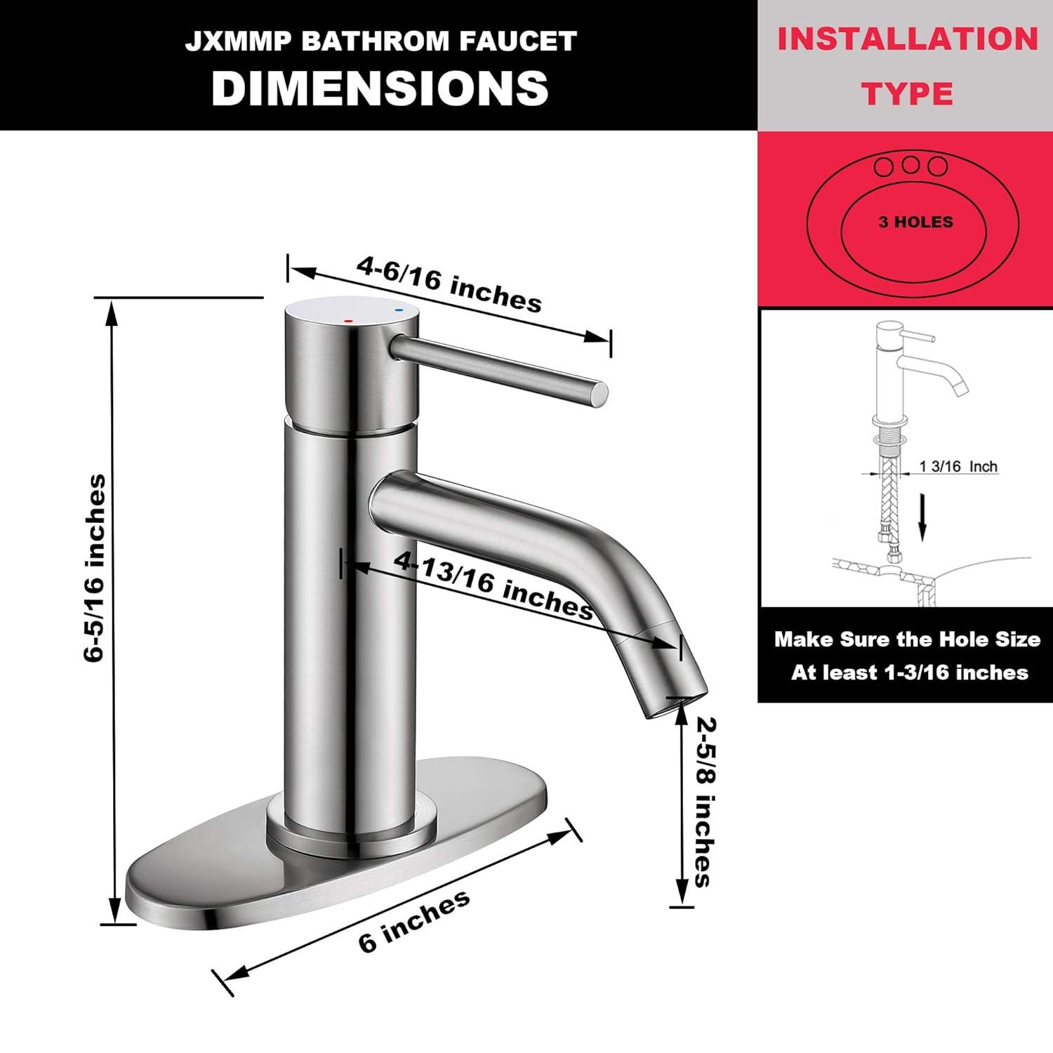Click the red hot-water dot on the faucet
click(349, 320)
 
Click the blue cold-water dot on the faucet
click(399, 308)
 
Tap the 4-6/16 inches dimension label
click(449, 284)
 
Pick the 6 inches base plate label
click(413, 920)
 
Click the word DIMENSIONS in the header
click(380, 89)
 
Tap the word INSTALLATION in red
click(907, 39)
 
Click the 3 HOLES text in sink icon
click(915, 222)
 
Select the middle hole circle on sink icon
click(910, 166)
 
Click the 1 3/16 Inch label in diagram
click(958, 467)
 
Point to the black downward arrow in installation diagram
click(924, 520)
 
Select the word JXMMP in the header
click(237, 41)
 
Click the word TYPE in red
click(907, 93)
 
